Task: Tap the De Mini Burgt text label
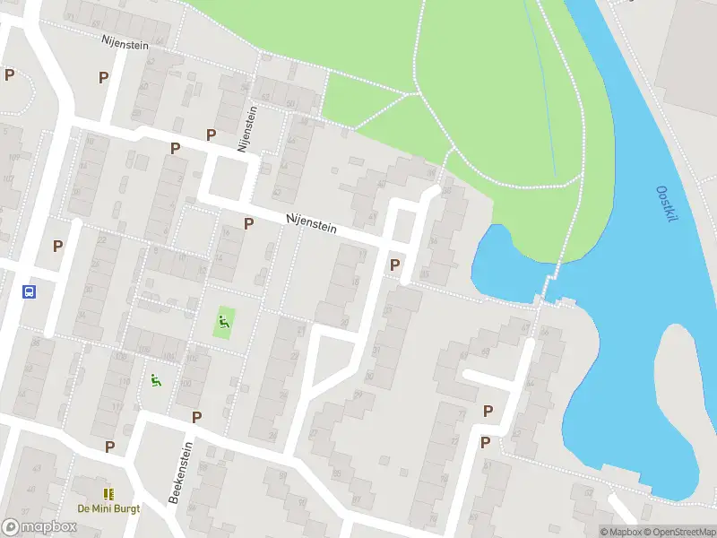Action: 108,508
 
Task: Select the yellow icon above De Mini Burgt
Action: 108,494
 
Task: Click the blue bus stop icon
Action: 29,291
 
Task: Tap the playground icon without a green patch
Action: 156,380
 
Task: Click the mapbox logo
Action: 39,526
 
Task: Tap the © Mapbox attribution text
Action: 619,532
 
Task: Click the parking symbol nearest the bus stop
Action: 58,246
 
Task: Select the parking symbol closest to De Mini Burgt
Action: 109,447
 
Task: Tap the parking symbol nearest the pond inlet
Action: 394,265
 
